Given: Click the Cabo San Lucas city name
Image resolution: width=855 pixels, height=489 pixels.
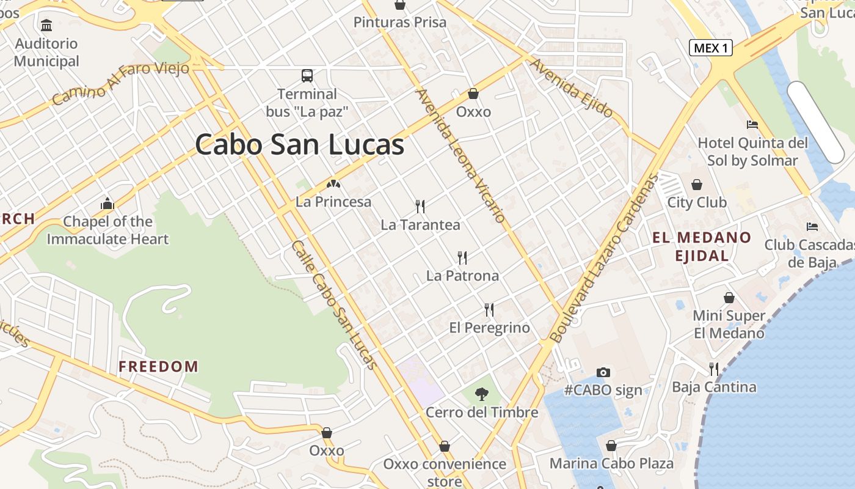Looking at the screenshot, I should pos(299,145).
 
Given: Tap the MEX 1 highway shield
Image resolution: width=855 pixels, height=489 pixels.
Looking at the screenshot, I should pos(711,48).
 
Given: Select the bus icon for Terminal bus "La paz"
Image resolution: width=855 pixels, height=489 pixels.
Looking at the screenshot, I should pos(307,76).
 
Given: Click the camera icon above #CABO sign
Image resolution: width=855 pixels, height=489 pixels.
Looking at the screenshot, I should pos(603,372).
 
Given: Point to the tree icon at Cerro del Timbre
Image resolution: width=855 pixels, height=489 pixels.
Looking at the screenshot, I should pos(482,394).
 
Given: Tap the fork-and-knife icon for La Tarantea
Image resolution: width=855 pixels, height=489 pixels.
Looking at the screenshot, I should pos(420,207).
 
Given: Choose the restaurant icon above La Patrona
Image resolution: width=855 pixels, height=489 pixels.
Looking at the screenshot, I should pos(462,258).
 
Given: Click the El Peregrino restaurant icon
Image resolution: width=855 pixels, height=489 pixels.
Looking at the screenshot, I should pos(489,310).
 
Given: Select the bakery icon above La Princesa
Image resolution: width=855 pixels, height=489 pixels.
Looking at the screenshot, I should pos(333,183).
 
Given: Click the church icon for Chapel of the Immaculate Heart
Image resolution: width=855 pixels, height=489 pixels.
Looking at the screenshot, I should pos(107,204).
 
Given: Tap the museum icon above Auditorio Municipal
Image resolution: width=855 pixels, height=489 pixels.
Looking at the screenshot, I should pos(46,26).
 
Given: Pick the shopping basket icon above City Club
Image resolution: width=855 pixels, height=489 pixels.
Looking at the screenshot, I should pos(697,185).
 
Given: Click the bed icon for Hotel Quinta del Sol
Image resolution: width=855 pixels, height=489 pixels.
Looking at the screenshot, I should pos(752,125).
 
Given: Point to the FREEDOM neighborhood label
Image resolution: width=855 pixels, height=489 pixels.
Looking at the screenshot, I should pos(158,367).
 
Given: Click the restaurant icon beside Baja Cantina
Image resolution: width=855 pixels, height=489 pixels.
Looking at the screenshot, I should pos(713,369).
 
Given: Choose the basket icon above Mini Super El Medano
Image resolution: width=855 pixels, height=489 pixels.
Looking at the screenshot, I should pos(729,298).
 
